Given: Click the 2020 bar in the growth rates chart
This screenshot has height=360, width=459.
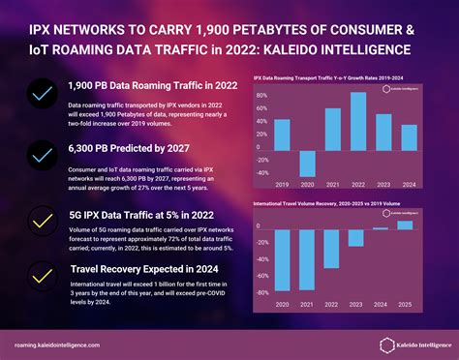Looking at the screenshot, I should [x=308, y=164].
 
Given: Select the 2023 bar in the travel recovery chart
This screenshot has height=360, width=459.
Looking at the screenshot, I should [x=357, y=240].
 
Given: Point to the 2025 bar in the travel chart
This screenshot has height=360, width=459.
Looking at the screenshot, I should [x=406, y=225].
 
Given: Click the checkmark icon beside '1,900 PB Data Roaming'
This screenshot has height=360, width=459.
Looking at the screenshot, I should [x=41, y=95].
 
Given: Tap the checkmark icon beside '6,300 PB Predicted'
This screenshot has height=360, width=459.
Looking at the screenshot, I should [x=41, y=155].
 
